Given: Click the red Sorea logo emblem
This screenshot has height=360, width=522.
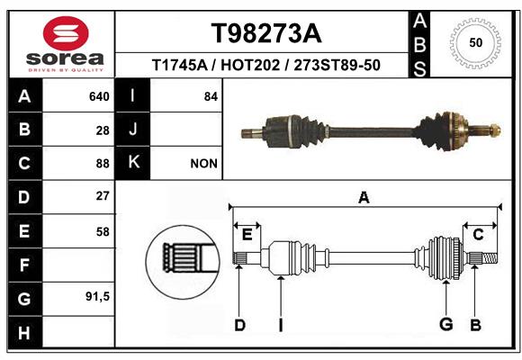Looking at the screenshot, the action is (66, 33).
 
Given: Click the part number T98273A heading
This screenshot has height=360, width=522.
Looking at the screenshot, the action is (266, 33).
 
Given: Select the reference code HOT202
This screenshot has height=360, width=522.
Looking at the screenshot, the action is (250, 65).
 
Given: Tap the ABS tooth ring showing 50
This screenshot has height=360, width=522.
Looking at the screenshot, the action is (476, 42).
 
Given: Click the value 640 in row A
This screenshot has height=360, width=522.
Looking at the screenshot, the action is (99, 96).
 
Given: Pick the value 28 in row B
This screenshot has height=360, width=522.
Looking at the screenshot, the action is (103, 130).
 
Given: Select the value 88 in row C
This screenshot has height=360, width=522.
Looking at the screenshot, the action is (103, 164).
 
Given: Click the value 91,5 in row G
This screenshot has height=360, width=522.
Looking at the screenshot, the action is (97, 296).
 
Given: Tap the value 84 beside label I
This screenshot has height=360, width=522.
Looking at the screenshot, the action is (211, 96).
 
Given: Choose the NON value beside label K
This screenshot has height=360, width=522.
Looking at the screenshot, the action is (203, 164).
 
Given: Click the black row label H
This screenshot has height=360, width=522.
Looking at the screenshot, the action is (25, 332).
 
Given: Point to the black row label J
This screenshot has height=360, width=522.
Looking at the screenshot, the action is (133, 130).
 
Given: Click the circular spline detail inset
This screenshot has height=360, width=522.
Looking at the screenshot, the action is (183, 262).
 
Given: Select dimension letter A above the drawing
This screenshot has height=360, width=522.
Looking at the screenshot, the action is (364, 198).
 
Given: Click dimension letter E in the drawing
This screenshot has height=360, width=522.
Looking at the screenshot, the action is (247, 235).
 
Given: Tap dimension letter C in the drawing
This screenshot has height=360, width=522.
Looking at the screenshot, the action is (478, 235).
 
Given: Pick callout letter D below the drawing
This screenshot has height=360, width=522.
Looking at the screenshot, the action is (239, 325).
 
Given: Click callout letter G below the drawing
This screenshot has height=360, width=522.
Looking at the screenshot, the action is (446, 324).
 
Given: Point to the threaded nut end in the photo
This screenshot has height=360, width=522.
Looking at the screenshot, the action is (495, 130).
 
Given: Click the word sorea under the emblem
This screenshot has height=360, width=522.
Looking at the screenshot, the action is (65, 58).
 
